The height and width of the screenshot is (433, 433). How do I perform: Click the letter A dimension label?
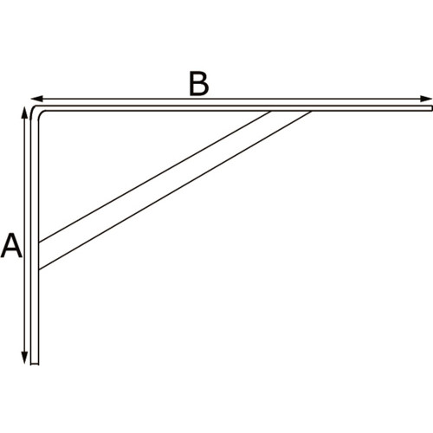tap(11, 245)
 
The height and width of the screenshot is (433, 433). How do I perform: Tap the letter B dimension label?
tap(198, 83)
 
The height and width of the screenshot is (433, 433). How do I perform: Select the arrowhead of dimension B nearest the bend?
tap(36, 99)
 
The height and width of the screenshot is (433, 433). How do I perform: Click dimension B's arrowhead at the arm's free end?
tap(426, 99)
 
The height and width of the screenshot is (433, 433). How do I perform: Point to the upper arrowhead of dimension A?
tap(25, 113)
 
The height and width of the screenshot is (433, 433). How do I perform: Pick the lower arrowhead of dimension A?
tap(25, 358)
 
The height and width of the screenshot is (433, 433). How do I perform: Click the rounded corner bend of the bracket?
tap(36, 111)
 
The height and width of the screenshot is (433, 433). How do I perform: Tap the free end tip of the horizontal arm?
tap(432, 108)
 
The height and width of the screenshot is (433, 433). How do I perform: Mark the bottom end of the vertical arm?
tap(35, 364)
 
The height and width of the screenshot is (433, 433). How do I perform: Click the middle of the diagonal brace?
tap(175, 191)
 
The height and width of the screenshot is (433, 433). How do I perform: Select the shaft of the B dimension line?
tap(231, 99)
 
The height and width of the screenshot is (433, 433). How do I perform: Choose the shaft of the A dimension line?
tap(25, 236)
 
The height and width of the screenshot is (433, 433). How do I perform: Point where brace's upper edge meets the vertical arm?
tap(39, 242)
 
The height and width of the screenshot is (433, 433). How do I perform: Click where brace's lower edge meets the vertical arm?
tap(39, 269)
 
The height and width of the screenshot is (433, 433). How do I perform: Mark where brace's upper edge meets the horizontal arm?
tap(271, 111)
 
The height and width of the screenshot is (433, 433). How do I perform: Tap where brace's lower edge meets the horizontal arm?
tap(311, 111)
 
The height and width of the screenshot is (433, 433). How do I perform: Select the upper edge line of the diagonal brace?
tap(155, 177)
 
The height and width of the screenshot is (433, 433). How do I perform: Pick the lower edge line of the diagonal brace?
tap(175, 191)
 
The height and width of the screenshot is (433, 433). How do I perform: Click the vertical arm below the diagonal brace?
tap(35, 316)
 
